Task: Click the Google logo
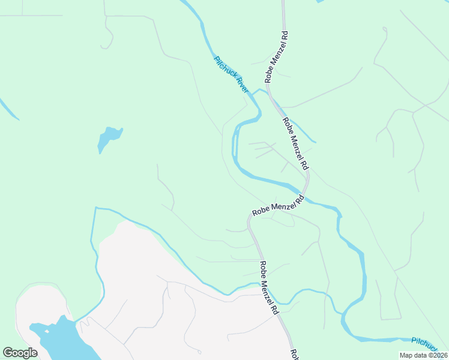click(x=20, y=353)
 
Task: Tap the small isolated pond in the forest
click(x=109, y=138)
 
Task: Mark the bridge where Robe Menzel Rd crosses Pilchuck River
click(x=304, y=197)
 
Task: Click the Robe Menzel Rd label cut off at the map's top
click(x=276, y=57)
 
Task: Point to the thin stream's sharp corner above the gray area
click(x=95, y=208)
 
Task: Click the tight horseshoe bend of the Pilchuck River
click(x=235, y=129)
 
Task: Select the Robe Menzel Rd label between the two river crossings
click(x=296, y=143)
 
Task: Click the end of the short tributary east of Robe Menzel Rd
click(x=315, y=142)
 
